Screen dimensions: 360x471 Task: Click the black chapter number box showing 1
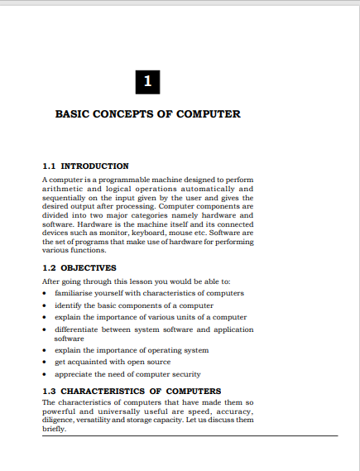146,81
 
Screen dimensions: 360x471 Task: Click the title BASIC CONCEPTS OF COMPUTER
147,113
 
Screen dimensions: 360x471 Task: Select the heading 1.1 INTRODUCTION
85,166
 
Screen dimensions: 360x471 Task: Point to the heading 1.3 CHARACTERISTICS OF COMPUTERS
132,391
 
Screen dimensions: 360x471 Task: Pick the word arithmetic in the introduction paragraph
65,189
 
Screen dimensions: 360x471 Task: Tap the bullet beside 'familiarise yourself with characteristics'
45,293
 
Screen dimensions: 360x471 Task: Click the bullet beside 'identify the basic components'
45,305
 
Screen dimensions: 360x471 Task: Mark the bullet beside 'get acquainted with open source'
45,362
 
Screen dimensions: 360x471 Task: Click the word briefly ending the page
54,430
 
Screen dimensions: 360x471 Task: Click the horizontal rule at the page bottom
190,436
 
